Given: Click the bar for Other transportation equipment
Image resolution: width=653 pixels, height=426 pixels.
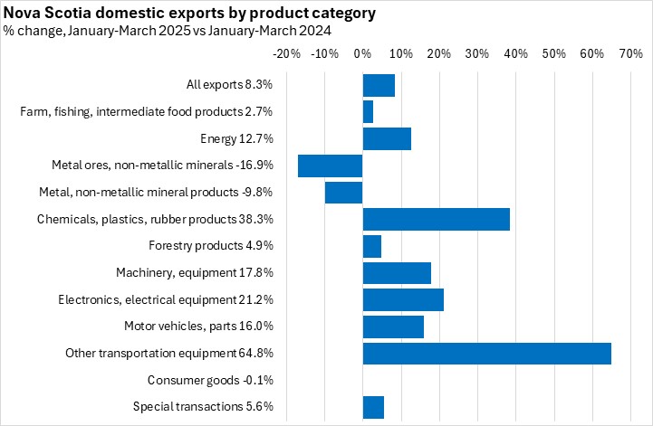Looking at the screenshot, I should point(486,354).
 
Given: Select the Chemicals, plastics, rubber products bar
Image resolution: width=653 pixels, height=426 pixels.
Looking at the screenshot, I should point(436,219).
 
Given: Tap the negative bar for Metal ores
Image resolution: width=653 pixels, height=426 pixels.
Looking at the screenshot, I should point(331,166).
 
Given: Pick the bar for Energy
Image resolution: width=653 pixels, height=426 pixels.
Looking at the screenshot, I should point(387,138).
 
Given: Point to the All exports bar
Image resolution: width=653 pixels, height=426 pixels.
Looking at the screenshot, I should point(379,85).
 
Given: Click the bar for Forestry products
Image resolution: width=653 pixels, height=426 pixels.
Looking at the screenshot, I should point(371,246).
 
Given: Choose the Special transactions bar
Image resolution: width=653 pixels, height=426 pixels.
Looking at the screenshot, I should point(373,407).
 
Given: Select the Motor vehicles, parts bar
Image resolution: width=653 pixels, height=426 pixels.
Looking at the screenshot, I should point(393,327).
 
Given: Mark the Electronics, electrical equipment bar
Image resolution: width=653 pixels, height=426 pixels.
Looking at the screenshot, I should point(403,299).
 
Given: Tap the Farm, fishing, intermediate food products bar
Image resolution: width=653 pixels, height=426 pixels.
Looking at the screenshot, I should point(368,112).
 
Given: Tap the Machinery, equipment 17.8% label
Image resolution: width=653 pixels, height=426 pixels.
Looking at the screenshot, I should point(195,272).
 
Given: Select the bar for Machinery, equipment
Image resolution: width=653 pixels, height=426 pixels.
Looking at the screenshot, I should point(397,273).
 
